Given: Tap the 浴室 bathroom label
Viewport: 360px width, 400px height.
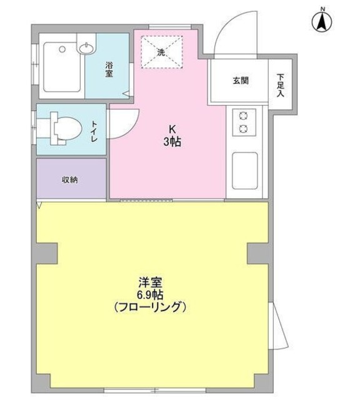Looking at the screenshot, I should (x=109, y=69).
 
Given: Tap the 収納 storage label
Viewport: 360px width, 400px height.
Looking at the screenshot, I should (x=69, y=180).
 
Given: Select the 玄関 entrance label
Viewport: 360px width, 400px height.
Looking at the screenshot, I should (x=241, y=81).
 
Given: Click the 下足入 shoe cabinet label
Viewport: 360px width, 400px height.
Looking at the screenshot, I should (x=281, y=84).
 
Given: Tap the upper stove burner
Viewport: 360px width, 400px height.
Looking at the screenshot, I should (x=242, y=116).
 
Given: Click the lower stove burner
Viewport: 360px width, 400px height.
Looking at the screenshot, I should (x=242, y=129).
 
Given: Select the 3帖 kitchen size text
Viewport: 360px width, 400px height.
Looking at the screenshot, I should (x=172, y=142).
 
